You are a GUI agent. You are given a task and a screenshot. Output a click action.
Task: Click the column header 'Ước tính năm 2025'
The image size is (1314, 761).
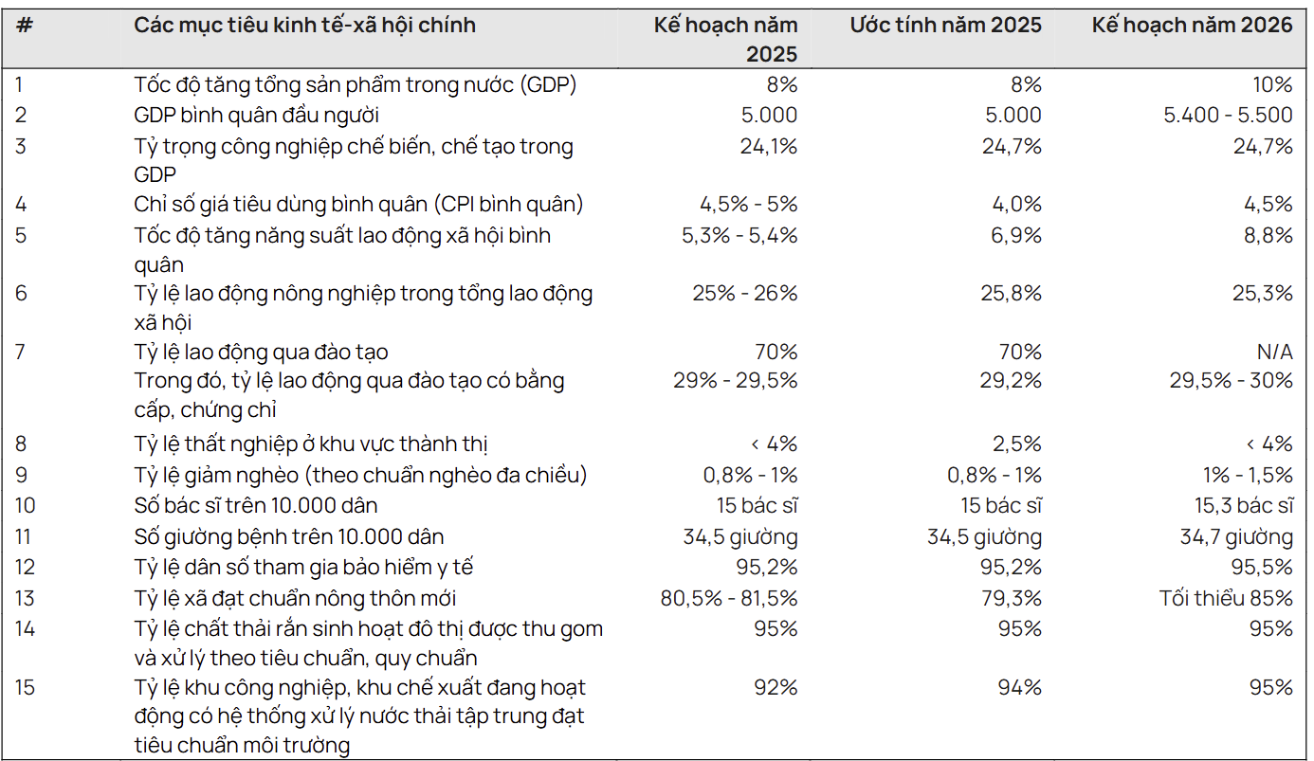[x=944, y=26]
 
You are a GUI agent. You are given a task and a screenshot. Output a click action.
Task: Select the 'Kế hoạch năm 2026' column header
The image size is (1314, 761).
[x=1192, y=26]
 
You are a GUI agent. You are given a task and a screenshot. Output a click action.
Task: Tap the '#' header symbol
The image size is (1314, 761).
[x=25, y=26]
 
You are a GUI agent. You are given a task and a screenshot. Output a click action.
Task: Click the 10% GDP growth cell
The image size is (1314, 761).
[x=1269, y=84]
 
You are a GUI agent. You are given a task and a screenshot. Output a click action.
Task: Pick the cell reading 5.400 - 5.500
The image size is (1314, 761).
[x=1228, y=115]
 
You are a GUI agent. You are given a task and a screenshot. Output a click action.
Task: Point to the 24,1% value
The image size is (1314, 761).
[x=768, y=146]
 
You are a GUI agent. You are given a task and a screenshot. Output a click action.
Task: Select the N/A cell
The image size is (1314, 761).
[x=1272, y=352]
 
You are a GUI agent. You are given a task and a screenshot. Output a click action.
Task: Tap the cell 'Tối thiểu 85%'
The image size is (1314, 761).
[x=1226, y=598]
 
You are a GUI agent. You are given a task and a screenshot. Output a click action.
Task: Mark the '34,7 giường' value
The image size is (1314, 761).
[x=1235, y=537]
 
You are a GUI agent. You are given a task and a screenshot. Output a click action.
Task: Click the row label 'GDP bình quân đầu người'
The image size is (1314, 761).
[x=256, y=115]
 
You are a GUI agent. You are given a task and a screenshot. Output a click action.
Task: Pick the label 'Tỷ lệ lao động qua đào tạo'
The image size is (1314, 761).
[x=261, y=352]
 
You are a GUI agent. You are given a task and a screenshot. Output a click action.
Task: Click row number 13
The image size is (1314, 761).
[x=24, y=598]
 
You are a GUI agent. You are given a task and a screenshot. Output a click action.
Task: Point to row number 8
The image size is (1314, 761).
[x=21, y=444]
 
